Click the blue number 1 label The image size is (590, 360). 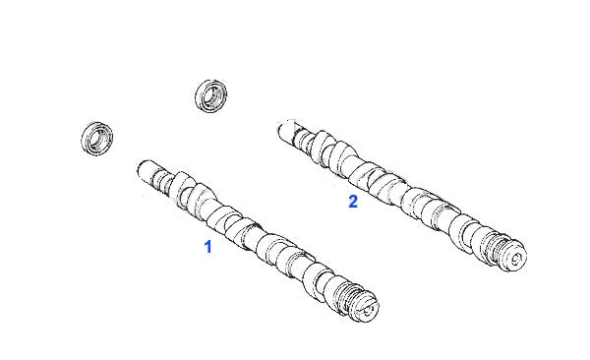[x=207, y=247]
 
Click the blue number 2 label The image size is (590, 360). [x=353, y=202]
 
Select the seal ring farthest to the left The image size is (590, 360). [x=97, y=139]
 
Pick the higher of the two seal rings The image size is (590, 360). [x=211, y=95]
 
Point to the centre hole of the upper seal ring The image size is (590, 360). [x=213, y=94]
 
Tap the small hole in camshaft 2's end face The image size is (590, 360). [x=516, y=258]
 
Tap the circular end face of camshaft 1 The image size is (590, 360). [x=367, y=308]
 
